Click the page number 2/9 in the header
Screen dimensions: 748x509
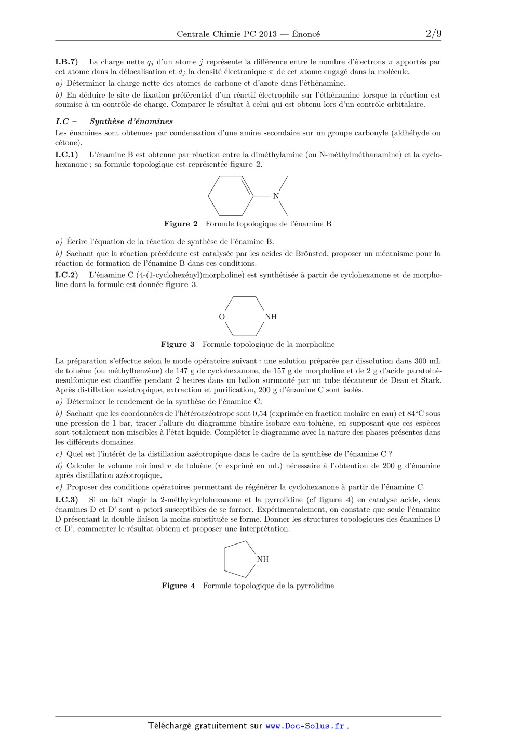pos(433,34)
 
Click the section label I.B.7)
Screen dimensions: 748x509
pos(66,62)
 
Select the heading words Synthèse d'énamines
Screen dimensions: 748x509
pos(131,121)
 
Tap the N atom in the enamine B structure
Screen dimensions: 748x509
pos(276,196)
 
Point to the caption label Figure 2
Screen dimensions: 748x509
pos(181,224)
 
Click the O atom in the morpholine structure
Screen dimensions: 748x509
pos(222,317)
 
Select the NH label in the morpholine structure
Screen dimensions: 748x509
pos(271,317)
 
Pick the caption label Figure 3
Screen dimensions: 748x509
pos(178,344)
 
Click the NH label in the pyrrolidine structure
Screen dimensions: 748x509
pos(263,559)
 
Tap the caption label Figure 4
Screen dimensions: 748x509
pos(178,586)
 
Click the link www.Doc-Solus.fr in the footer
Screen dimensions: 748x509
pos(305,726)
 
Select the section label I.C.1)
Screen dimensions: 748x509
pos(66,154)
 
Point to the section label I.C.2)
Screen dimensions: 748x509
pos(66,275)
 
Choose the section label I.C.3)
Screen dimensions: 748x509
pos(66,500)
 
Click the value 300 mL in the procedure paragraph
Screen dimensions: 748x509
pos(427,361)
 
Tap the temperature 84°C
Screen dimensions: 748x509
pos(416,414)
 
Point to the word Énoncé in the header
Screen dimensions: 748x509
pos(306,34)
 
